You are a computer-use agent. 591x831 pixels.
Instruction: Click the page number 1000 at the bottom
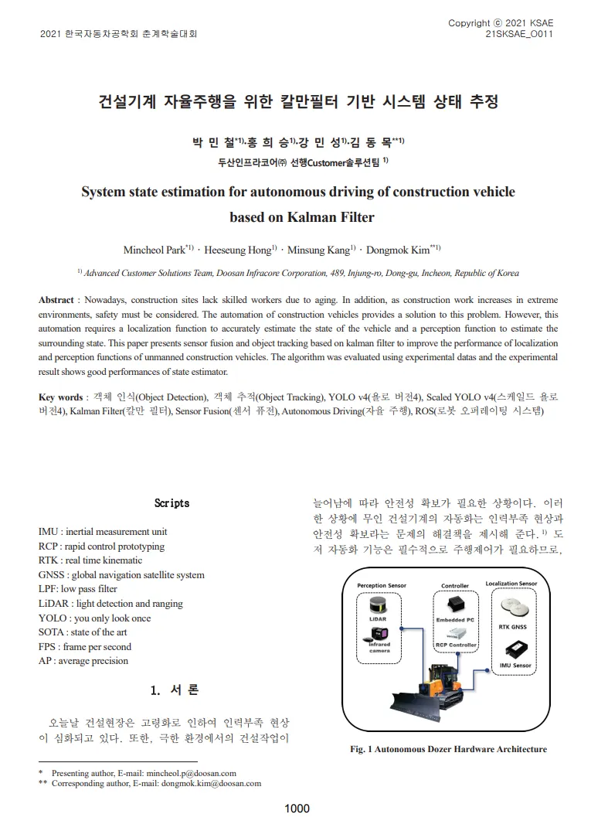pos(297,809)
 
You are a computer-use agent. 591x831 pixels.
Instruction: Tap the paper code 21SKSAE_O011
pos(519,35)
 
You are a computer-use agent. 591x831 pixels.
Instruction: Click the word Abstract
pos(56,299)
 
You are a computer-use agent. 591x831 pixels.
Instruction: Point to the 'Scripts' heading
pos(172,503)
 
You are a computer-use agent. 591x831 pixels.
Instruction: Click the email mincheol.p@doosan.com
pos(189,772)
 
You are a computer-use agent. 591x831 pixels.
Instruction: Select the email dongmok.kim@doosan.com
pos(211,783)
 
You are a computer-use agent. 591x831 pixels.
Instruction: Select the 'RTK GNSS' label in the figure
pos(512,627)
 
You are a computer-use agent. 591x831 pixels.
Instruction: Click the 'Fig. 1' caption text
pos(448,749)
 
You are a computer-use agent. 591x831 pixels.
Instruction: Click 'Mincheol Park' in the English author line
pos(154,250)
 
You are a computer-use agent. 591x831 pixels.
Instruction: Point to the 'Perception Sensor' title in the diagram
pos(382,586)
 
